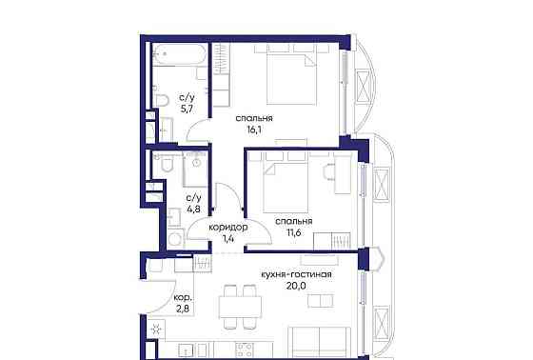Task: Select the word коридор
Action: click(229, 228)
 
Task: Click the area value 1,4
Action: click(229, 243)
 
